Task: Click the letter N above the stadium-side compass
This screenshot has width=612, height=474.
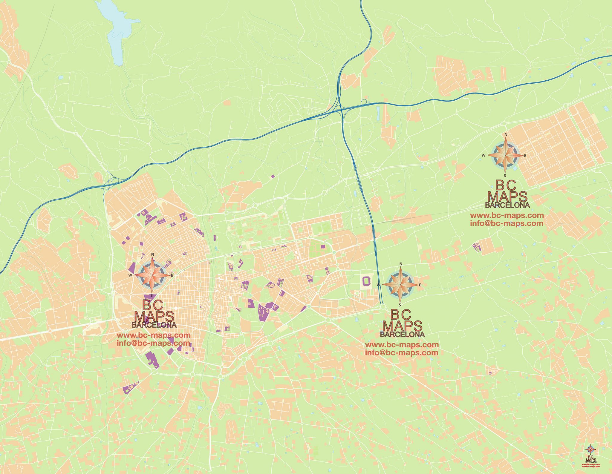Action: click(x=401, y=264)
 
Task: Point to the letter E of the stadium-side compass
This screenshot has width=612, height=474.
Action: click(x=420, y=285)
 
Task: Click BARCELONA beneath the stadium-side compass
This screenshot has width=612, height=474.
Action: click(x=402, y=335)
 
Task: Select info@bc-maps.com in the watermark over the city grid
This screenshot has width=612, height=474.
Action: click(x=153, y=343)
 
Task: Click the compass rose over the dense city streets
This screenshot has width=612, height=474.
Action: click(x=152, y=275)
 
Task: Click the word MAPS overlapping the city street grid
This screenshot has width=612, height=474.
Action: click(x=154, y=317)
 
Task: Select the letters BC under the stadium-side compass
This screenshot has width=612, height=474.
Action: click(x=401, y=315)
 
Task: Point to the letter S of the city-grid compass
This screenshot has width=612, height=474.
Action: click(x=152, y=295)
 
